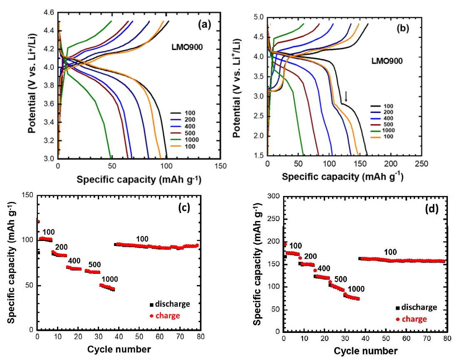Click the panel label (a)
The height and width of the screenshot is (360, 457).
(x=206, y=25)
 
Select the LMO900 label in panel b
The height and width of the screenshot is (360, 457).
(x=387, y=61)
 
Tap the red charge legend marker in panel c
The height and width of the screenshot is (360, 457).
(x=152, y=316)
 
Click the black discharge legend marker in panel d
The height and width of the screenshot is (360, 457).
(x=397, y=308)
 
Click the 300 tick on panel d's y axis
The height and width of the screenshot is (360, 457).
(x=274, y=196)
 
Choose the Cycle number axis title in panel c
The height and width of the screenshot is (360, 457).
(x=119, y=348)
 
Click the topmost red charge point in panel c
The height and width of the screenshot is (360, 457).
(x=38, y=221)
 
